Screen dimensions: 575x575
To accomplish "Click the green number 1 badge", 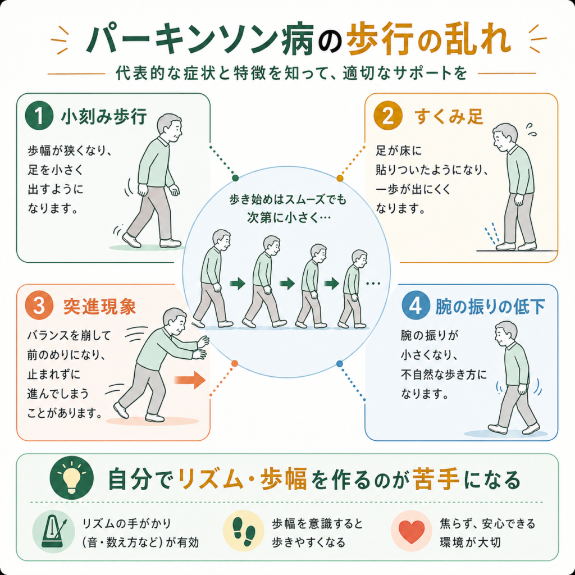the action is coord(39,116).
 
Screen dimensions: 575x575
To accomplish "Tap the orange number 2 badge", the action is coord(388,116).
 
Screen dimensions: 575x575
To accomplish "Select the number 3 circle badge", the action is coord(39,305).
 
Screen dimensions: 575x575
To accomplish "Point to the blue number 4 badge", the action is coord(416,305).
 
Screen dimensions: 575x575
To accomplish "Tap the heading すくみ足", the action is coord(449,116).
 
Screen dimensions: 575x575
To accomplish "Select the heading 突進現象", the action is coord(100,306).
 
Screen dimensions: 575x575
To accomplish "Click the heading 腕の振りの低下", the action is coord(490,306).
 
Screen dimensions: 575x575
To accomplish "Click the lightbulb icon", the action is coord(72,477).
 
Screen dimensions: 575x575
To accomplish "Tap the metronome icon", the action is coord(54,531).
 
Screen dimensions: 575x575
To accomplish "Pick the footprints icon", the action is coord(244,531).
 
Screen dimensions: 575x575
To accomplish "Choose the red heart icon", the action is coord(412,531).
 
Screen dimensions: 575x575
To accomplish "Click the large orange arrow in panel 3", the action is coord(190,380).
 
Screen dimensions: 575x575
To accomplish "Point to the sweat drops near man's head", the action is coord(531,129).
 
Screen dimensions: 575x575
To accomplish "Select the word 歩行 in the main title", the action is coord(380,40).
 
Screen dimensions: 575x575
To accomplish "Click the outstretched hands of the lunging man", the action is coord(201,347).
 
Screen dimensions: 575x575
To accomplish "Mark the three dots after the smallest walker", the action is coord(373,284).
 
